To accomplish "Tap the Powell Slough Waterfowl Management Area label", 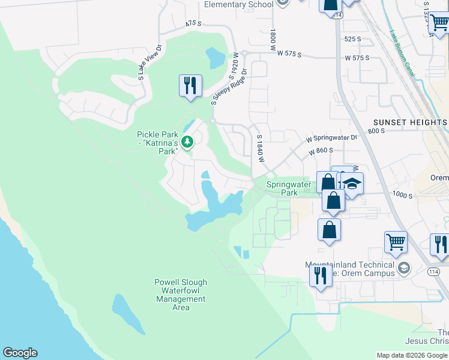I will (181, 295).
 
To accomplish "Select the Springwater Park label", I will (289, 188).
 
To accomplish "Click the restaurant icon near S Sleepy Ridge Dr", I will (190, 85).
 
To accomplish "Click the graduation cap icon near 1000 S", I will (353, 184).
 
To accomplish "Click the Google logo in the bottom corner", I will (20, 353).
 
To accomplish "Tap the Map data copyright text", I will (412, 355).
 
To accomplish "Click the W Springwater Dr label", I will (332, 138).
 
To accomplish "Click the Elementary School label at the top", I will (238, 5).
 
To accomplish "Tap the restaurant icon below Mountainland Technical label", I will (320, 276).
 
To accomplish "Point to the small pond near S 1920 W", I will (215, 58).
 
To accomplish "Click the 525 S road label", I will (353, 39).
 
